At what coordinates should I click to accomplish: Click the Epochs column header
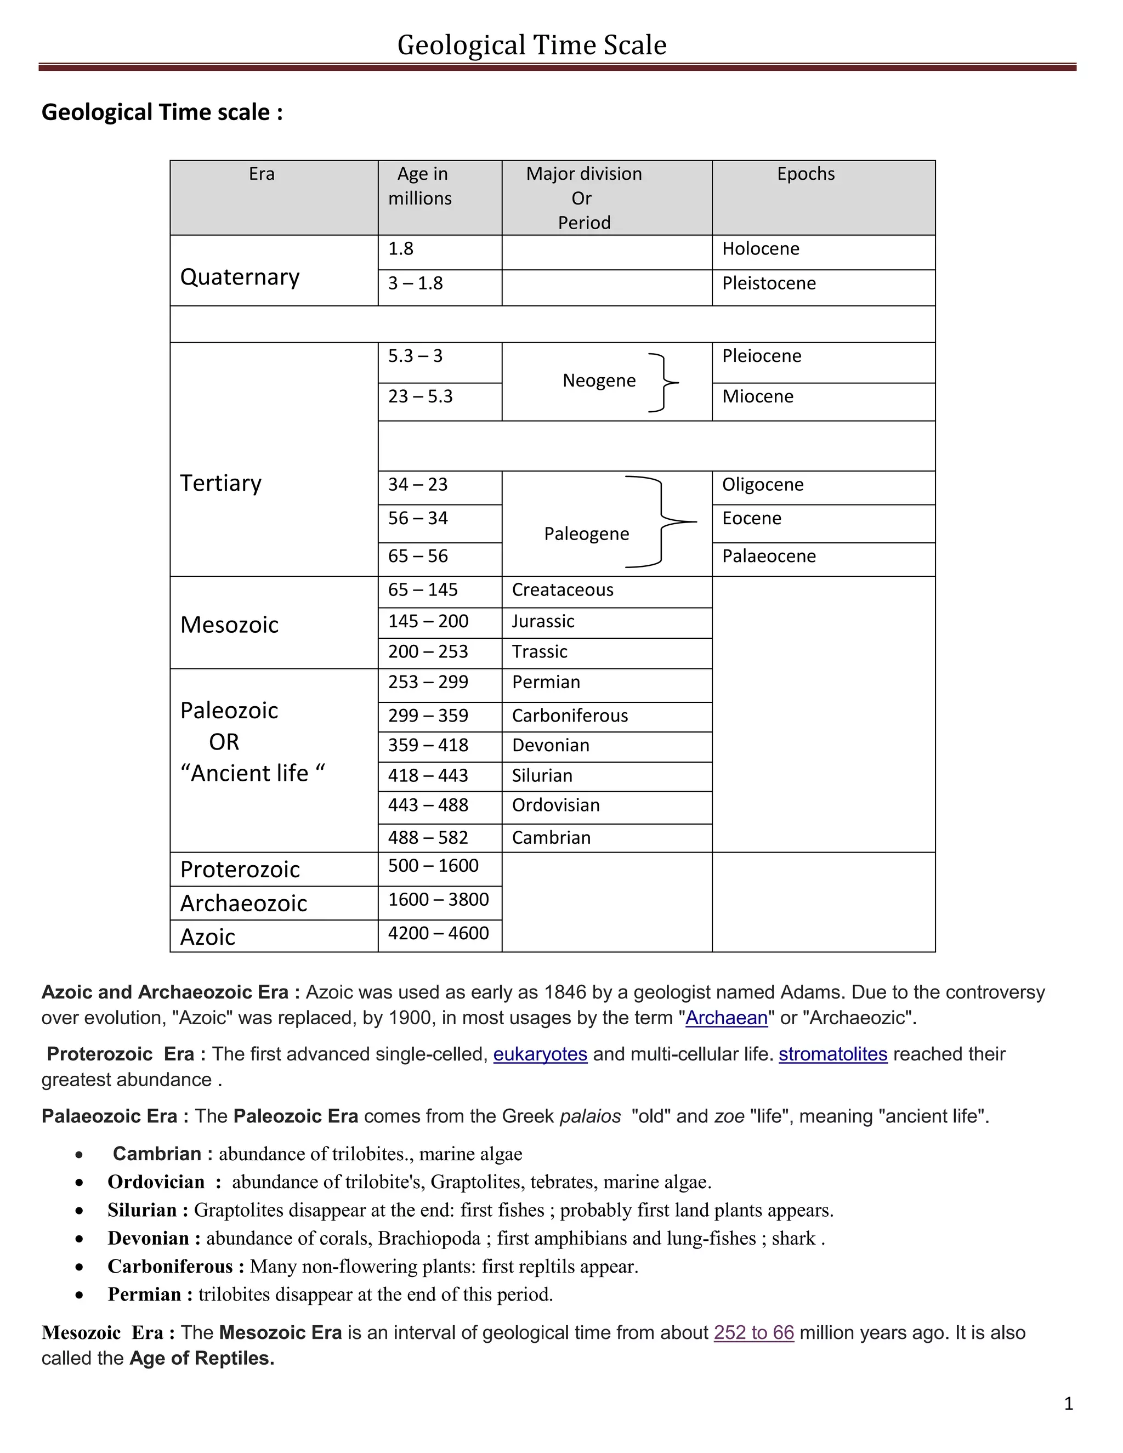click(x=805, y=174)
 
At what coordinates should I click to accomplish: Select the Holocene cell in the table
click(x=761, y=249)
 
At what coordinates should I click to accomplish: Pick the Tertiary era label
click(x=221, y=483)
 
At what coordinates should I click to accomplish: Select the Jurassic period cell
click(x=543, y=621)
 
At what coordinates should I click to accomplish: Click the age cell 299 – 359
click(x=428, y=716)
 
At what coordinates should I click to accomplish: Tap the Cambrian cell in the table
click(x=551, y=838)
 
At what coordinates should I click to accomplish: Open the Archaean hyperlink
click(x=726, y=1018)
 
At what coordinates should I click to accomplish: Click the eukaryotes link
click(x=540, y=1054)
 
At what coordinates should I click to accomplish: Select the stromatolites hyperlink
click(x=832, y=1054)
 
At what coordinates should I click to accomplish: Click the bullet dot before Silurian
click(x=79, y=1211)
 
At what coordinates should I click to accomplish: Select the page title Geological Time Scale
click(x=531, y=46)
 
